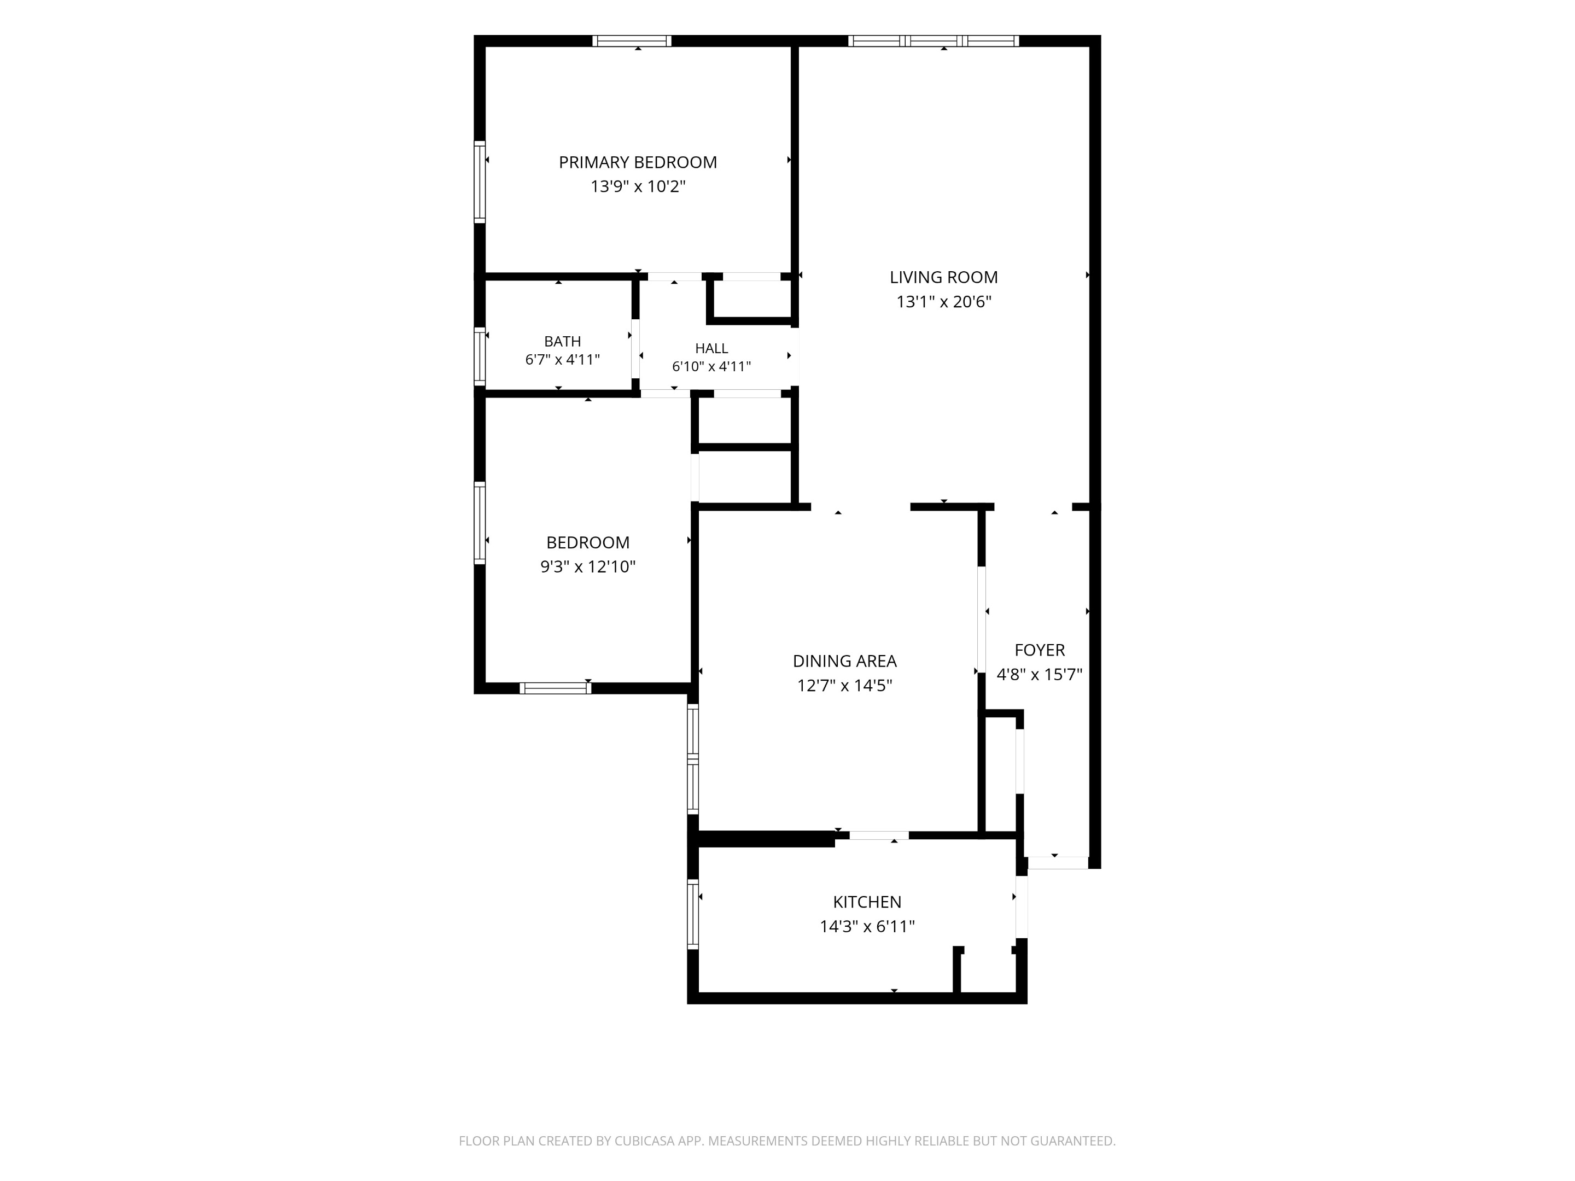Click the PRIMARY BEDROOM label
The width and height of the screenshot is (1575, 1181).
(637, 162)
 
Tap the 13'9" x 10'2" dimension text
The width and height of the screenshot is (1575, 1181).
(637, 186)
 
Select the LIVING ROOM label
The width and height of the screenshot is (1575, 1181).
(943, 277)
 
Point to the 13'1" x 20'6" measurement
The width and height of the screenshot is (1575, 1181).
(943, 302)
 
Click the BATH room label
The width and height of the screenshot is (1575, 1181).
(563, 342)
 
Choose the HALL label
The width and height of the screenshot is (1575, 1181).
(711, 348)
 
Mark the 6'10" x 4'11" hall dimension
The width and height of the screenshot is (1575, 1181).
(711, 367)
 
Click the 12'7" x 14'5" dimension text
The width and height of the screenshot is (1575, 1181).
(844, 686)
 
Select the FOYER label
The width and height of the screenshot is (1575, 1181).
(1040, 650)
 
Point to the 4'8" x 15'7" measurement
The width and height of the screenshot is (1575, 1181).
(1040, 674)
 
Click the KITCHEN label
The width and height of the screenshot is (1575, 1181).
(867, 902)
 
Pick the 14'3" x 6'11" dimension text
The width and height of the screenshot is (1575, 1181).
(867, 926)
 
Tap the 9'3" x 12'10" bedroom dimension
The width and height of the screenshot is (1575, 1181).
(588, 566)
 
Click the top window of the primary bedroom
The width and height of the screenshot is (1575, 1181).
(632, 40)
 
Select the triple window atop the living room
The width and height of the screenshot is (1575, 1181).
(934, 40)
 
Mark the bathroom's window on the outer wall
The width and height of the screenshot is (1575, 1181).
(480, 356)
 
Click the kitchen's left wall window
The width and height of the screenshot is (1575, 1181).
(693, 915)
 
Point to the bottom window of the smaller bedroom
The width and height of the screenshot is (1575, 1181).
(556, 688)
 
